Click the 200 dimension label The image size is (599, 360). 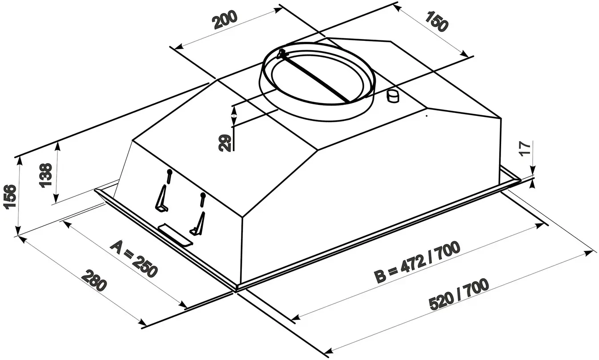[x=225, y=20]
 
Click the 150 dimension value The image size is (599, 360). [x=436, y=21]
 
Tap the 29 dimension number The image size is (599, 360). [x=225, y=143]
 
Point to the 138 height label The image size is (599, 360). [x=45, y=175]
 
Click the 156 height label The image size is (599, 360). [x=10, y=196]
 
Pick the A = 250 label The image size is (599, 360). [x=134, y=259]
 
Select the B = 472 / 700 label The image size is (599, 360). [x=417, y=261]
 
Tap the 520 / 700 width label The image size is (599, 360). [x=459, y=294]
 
